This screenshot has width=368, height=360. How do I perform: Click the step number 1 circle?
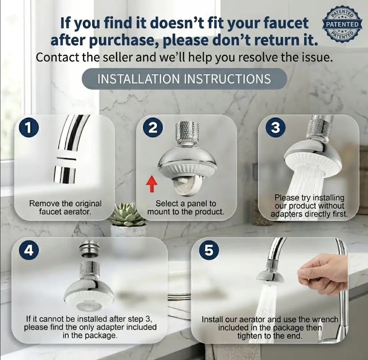(x=29, y=128)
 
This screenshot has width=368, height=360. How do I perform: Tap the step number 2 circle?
(x=153, y=128)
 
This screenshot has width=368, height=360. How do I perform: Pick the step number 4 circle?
(x=29, y=250)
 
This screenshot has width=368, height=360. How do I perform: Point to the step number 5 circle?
(x=209, y=250)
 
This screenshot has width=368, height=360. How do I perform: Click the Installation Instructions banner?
(x=184, y=79)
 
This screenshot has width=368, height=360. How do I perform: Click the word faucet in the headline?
(x=286, y=23)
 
